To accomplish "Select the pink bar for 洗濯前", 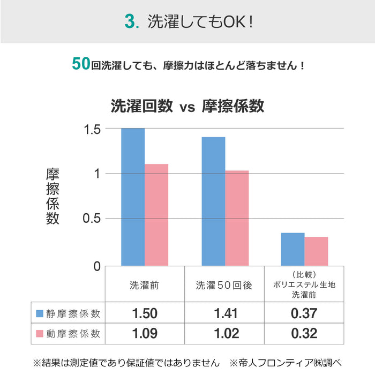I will pyautogui.click(x=156, y=214).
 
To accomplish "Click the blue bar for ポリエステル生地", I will pyautogui.click(x=292, y=249).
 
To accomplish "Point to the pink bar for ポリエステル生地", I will pyautogui.click(x=316, y=251).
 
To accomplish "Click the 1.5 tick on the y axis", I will pyautogui.click(x=92, y=129).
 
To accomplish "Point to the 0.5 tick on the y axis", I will pyautogui.click(x=92, y=219).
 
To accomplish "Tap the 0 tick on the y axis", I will pyautogui.click(x=96, y=266).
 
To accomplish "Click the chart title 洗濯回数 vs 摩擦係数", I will pyautogui.click(x=187, y=106).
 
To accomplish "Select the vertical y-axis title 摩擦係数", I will pyautogui.click(x=52, y=197).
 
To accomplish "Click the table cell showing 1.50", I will pyautogui.click(x=145, y=313).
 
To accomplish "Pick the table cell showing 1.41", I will pyautogui.click(x=226, y=313).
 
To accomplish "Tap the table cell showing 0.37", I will pyautogui.click(x=304, y=313).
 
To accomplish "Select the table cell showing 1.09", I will pyautogui.click(x=145, y=334).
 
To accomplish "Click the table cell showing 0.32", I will pyautogui.click(x=304, y=334).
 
